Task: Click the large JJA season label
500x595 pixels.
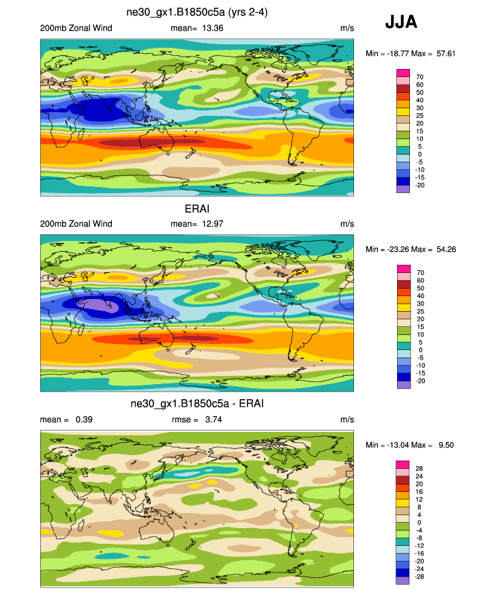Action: tap(401, 23)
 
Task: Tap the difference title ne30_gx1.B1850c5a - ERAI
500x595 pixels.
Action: tap(197, 405)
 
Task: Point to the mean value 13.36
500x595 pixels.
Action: tap(210, 28)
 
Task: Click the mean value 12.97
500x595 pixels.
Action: tap(210, 224)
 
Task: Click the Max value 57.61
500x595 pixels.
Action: tap(441, 53)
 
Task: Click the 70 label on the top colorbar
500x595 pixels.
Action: tap(420, 76)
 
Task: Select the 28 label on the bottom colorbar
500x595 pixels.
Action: tap(420, 468)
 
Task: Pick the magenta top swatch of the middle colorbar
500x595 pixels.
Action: tap(402, 267)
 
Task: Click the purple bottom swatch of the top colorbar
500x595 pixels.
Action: tap(402, 188)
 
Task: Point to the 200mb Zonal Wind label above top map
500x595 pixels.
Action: tap(76, 28)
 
